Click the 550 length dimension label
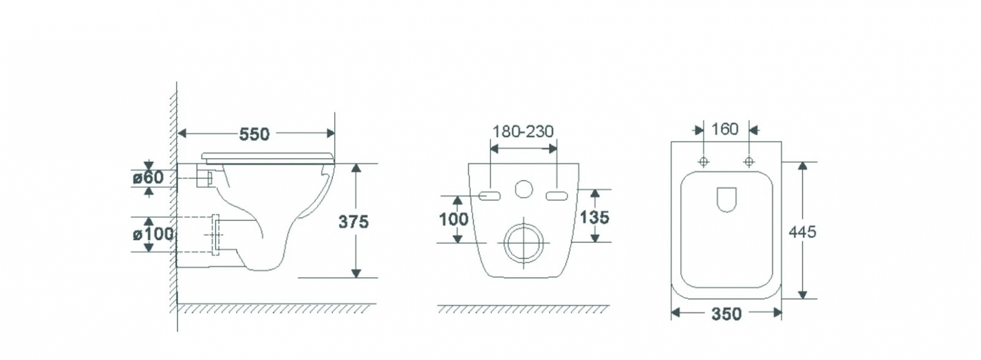pos(254,134)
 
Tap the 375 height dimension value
pos(353,222)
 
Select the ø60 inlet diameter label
pos(148,178)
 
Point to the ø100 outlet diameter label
pos(153,234)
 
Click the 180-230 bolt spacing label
pos(523,132)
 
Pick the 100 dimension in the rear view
pos(454,219)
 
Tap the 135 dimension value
pos(594,217)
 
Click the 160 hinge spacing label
pos(725,129)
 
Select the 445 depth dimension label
pos(803,232)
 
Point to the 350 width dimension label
pos(727,314)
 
